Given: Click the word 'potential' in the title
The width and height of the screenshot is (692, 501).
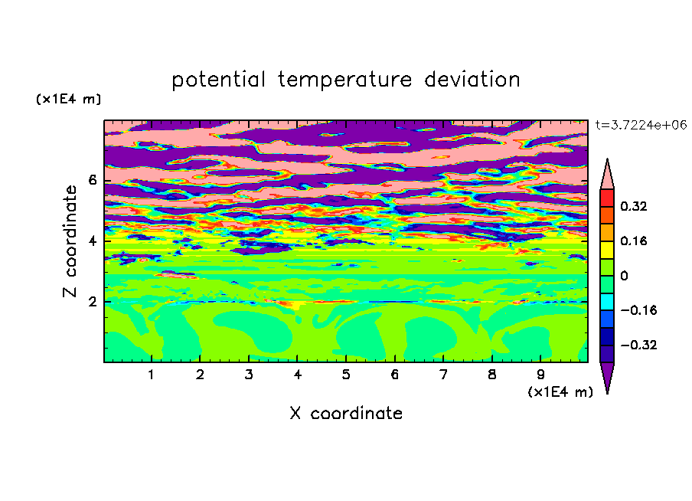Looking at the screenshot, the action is pos(219,80).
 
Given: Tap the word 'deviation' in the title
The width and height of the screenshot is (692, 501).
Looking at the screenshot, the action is pos(472,80).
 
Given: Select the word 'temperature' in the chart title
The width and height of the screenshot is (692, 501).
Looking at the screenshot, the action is pos(344,80).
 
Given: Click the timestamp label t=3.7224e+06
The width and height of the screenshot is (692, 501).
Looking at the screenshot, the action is pos(641,125).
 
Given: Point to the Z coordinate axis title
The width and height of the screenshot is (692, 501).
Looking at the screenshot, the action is pos(70,241).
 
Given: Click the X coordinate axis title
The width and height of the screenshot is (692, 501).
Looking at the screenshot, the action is pos(346,413).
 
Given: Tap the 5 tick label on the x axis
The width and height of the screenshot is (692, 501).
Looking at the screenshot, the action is pos(346,375).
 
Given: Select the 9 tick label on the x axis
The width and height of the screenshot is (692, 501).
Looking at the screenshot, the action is pos(540,375).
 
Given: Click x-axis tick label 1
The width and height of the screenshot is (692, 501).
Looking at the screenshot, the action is pos(152,375).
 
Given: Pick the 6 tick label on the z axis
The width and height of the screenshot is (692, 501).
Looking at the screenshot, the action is pos(93,180).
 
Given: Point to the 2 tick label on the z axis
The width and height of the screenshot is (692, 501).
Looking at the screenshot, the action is pos(93,302).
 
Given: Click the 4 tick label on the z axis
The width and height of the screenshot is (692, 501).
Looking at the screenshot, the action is pos(93,241).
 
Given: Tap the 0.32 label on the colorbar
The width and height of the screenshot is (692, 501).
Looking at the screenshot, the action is pos(633,206).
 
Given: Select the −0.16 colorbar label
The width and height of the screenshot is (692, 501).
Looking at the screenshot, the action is pos(638,310).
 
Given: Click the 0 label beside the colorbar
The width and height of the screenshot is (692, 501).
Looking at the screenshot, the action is pos(624,276).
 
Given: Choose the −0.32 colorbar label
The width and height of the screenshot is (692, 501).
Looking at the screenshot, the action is pos(638,345).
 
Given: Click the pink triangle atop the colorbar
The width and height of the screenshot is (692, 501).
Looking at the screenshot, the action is pos(607,178).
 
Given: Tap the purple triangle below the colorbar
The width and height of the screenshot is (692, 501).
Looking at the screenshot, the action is pos(607,375).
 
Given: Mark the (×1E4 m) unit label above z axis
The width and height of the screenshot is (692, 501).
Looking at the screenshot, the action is pos(68,99).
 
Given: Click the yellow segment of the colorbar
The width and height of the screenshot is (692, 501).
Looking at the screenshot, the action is pos(607,250).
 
